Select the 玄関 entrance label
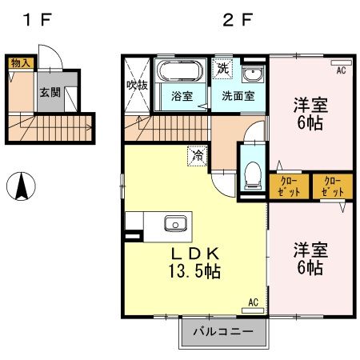point(48,92)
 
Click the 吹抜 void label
point(135,86)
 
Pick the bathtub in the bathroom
point(178,72)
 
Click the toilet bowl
point(252,173)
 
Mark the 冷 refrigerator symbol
point(195,156)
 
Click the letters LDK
point(194,253)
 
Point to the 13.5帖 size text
point(194,271)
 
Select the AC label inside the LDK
point(253,302)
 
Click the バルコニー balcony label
point(222,332)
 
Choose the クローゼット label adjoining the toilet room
point(290,186)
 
